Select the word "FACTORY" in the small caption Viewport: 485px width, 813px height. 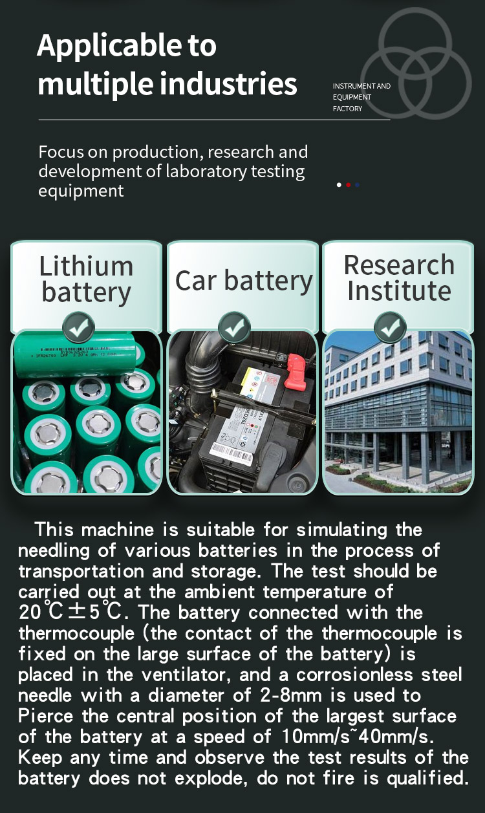347,109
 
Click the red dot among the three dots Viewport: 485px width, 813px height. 349,185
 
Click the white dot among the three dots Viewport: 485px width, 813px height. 339,185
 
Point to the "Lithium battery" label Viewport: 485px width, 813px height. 86,279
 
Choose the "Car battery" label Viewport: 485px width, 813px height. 243,281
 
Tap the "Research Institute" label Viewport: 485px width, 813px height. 399,277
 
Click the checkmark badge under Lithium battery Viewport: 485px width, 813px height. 78,327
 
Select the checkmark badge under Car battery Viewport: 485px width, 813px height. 234,327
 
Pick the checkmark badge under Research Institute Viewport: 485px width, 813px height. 390,327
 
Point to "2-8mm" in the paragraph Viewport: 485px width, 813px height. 290,696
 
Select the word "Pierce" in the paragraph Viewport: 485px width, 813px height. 46,717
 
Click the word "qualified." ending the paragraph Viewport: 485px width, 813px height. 427,779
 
